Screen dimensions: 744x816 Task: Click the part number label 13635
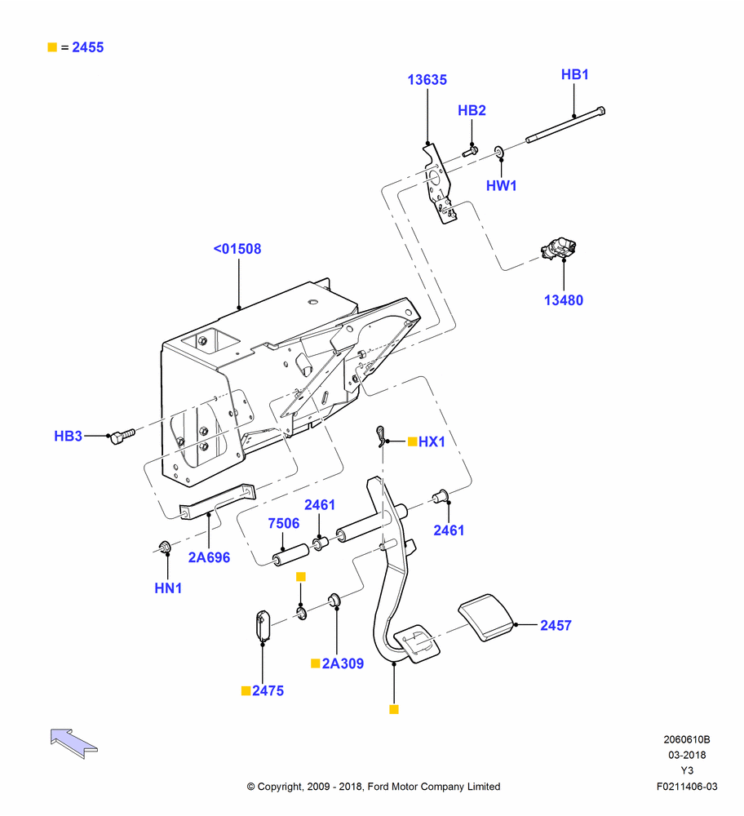[427, 80]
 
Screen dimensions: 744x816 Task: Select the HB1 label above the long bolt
[574, 74]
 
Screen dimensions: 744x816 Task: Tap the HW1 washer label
[501, 186]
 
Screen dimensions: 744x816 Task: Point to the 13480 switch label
[564, 300]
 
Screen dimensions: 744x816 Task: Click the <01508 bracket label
[237, 249]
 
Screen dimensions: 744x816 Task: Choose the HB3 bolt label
[69, 436]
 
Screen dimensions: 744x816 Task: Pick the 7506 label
[284, 523]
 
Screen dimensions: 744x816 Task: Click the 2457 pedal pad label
[556, 625]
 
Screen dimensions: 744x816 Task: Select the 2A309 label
[343, 663]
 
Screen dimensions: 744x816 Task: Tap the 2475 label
[268, 690]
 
